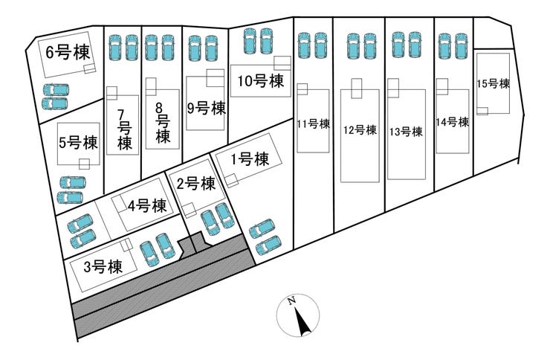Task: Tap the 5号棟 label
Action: click(x=78, y=141)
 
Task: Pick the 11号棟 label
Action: click(x=313, y=124)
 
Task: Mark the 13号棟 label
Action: click(x=406, y=132)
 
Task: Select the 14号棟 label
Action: click(x=453, y=122)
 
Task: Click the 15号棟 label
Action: click(x=493, y=84)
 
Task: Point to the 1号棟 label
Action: click(x=249, y=158)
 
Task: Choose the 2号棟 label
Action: click(x=196, y=183)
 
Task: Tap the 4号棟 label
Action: click(x=146, y=206)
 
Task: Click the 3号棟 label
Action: click(x=103, y=267)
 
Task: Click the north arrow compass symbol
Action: click(x=299, y=316)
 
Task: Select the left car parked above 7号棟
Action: click(x=116, y=48)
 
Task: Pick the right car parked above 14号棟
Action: click(x=462, y=45)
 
